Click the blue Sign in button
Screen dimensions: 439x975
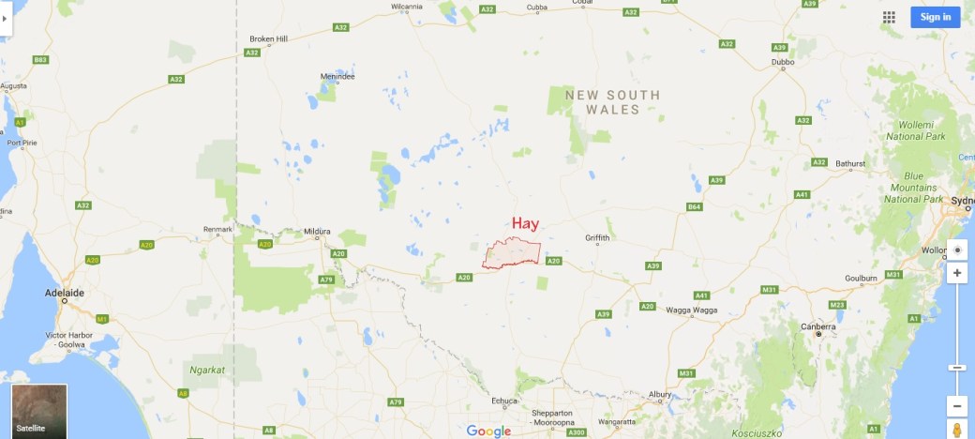pyautogui.click(x=935, y=17)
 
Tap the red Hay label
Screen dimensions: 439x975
pyautogui.click(x=525, y=224)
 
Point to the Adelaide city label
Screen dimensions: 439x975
pyautogui.click(x=65, y=293)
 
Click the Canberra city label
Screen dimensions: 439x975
pyautogui.click(x=817, y=326)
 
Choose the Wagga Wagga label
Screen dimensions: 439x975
pyautogui.click(x=691, y=310)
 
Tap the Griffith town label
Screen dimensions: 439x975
pyautogui.click(x=597, y=237)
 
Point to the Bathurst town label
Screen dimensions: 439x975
pyautogui.click(x=850, y=163)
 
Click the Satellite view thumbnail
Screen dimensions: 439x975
pyautogui.click(x=39, y=411)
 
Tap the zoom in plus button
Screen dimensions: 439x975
pyautogui.click(x=957, y=274)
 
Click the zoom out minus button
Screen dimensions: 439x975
pyautogui.click(x=957, y=406)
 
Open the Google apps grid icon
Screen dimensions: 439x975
pyautogui.click(x=889, y=17)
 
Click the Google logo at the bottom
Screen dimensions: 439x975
pyautogui.click(x=488, y=431)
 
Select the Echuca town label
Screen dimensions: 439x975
pyautogui.click(x=504, y=401)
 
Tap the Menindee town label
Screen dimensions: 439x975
pyautogui.click(x=337, y=77)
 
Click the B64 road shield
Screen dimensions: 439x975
pyautogui.click(x=695, y=206)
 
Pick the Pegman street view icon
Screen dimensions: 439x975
pyautogui.click(x=957, y=431)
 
